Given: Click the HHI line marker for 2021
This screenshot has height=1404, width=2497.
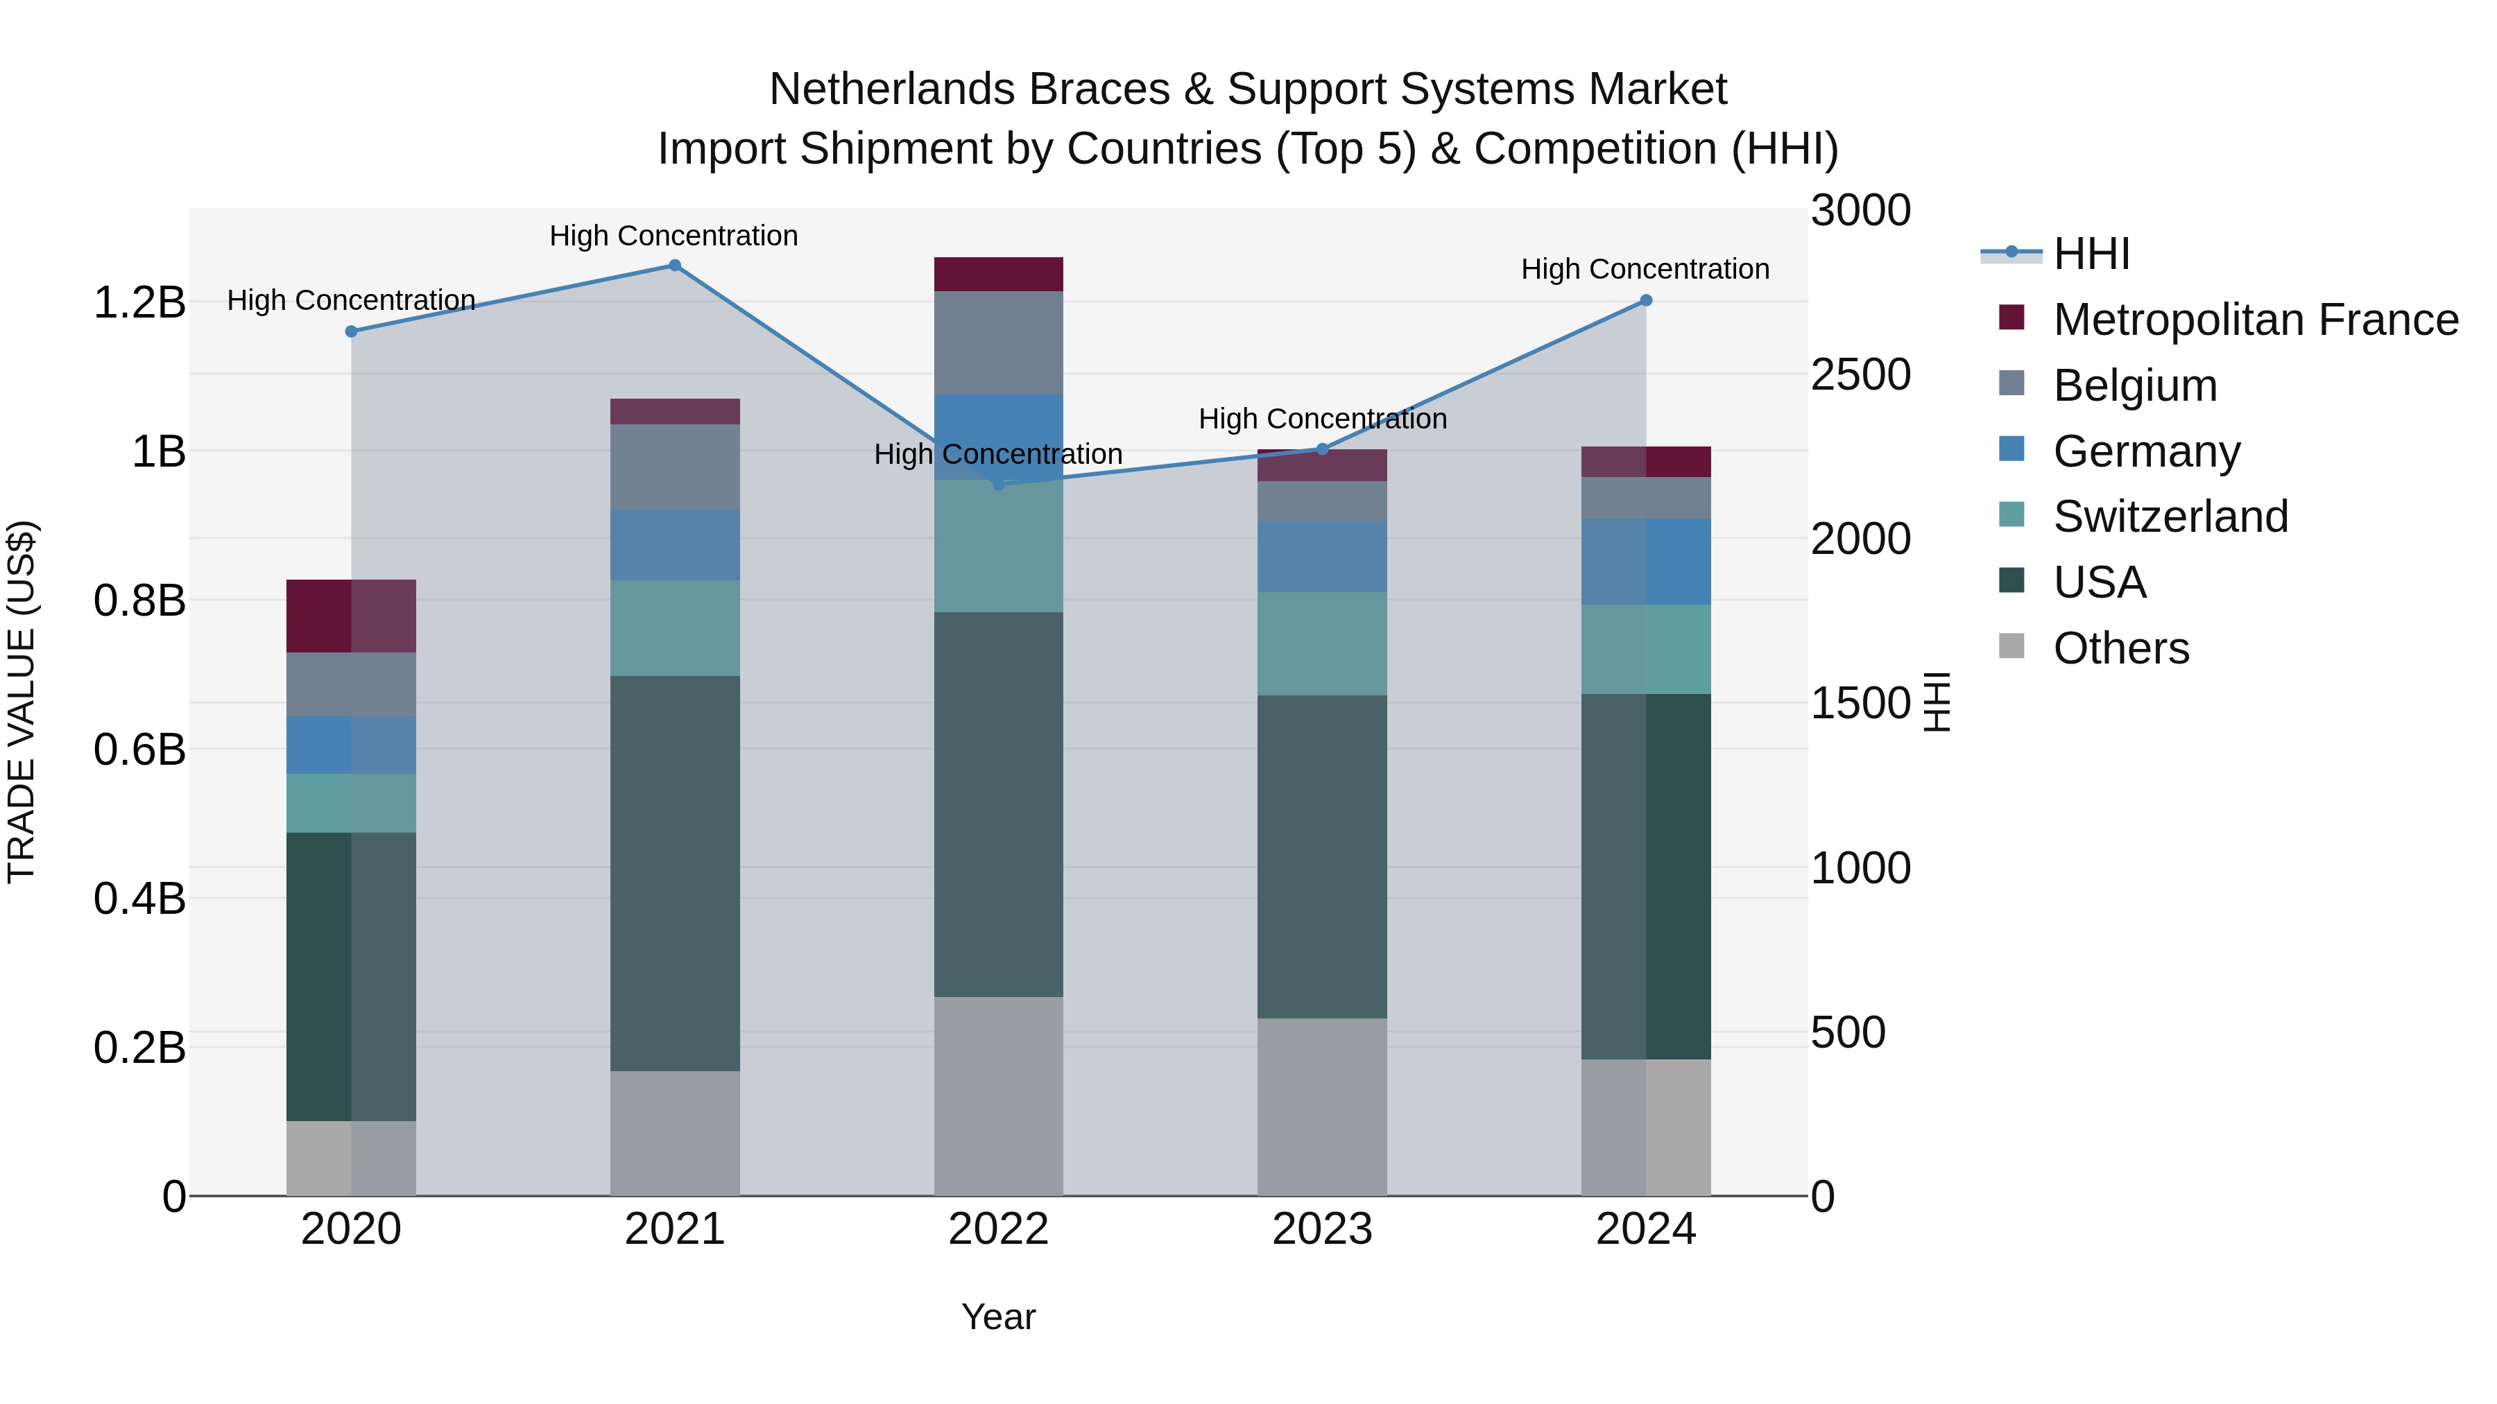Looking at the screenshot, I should coord(675,266).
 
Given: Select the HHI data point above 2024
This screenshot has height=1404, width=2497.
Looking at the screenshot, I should coord(1645,300).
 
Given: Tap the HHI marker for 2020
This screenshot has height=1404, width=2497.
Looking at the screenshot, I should coord(351,331).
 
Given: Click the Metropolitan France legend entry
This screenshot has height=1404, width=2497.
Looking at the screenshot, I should coord(2255,320).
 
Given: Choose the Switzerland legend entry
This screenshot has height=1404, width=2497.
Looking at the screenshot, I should coord(2170,517).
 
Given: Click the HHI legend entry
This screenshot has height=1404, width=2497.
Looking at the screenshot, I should coord(2091,254).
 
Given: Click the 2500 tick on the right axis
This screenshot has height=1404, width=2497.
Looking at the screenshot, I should coord(1860,375).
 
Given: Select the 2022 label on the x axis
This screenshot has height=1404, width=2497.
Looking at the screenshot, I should coord(998,1229).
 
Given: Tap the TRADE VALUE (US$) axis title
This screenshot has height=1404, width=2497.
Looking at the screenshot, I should coord(22,702).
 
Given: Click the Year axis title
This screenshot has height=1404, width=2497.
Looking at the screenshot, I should coord(998,1317).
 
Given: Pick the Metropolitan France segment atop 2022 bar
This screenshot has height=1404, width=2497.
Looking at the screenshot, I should coord(998,274).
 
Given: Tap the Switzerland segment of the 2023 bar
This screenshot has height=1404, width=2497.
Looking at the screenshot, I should coord(1321,643).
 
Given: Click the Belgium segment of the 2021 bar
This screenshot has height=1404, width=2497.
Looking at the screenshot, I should coord(675,467).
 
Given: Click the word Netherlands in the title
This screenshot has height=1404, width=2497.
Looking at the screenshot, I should coord(892,89).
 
